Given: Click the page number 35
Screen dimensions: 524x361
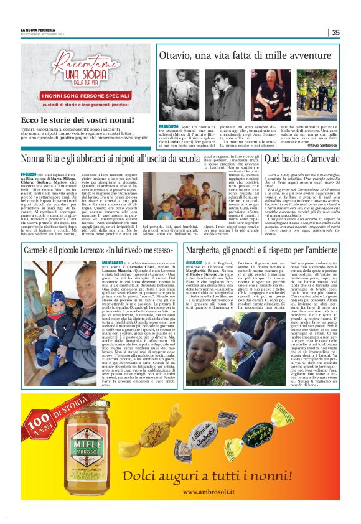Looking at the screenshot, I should [x=335, y=33].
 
